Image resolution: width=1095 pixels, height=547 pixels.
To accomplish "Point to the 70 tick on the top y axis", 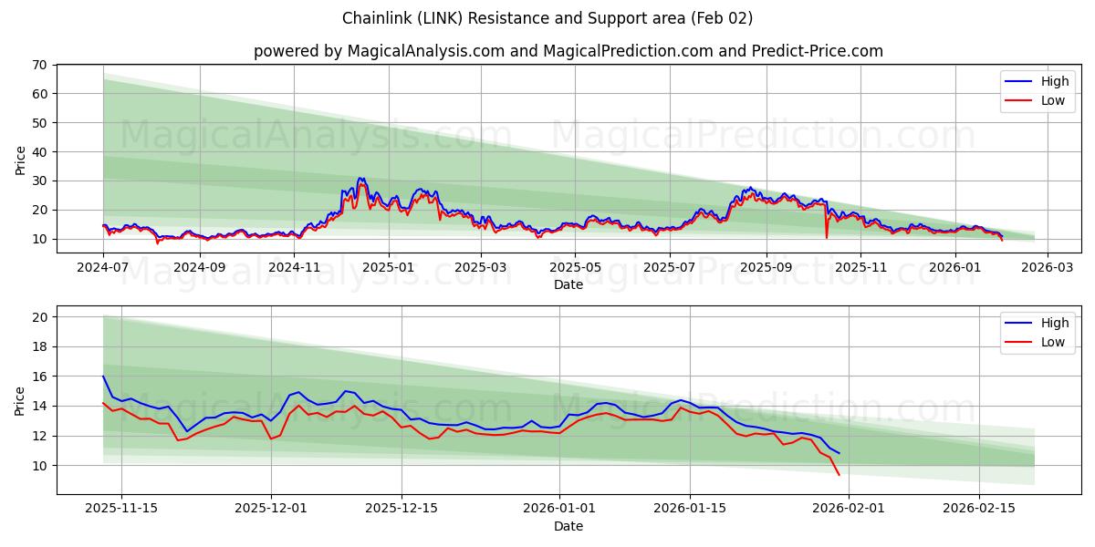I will pyautogui.click(x=39, y=65).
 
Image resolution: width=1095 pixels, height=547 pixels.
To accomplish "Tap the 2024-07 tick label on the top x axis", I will pyautogui.click(x=103, y=268).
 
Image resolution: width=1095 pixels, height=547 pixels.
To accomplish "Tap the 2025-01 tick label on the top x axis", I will pyautogui.click(x=389, y=268).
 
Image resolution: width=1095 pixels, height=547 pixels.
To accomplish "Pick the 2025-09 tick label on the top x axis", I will pyautogui.click(x=766, y=268).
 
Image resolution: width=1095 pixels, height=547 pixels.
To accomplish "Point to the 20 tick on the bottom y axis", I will pyautogui.click(x=39, y=317).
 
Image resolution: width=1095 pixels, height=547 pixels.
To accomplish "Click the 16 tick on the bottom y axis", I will pyautogui.click(x=39, y=377).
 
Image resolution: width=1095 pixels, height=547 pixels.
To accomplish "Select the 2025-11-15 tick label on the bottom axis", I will pyautogui.click(x=121, y=509).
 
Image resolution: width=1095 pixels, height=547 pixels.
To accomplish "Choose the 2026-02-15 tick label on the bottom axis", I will pyautogui.click(x=979, y=509).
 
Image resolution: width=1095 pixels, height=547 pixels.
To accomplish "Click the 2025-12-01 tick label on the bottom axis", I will pyautogui.click(x=271, y=509).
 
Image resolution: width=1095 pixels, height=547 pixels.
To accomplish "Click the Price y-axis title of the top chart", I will pyautogui.click(x=20, y=160).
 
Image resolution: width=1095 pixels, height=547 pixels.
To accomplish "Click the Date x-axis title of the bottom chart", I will pyautogui.click(x=568, y=526).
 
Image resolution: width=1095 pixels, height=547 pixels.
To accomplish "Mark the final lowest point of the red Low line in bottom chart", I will pyautogui.click(x=839, y=474).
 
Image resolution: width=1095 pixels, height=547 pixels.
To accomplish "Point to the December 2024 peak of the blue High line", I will pyautogui.click(x=360, y=179).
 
